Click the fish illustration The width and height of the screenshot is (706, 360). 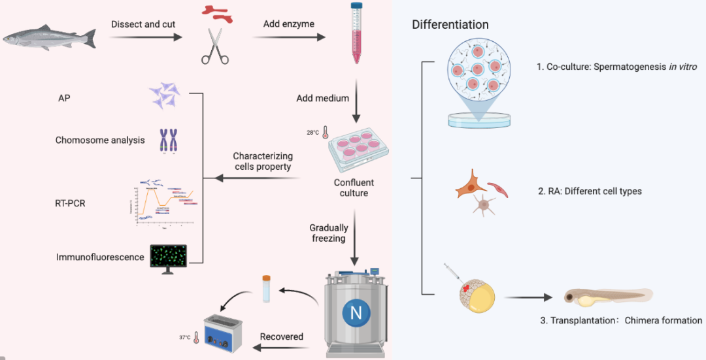click(49, 37)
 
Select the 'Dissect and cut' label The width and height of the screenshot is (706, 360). click(143, 24)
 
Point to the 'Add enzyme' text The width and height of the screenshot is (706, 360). click(289, 24)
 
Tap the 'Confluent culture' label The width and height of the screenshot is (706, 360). click(354, 188)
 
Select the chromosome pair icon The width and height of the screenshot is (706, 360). click(169, 140)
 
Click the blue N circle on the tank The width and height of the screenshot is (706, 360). click(356, 313)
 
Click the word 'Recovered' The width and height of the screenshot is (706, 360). click(282, 336)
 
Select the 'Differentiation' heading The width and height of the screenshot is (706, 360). click(450, 25)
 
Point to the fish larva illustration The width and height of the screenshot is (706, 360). click(608, 297)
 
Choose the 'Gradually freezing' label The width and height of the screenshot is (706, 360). click(329, 234)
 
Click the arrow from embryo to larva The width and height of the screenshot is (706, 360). click(527, 297)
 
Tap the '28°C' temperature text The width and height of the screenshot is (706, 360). click(314, 132)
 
